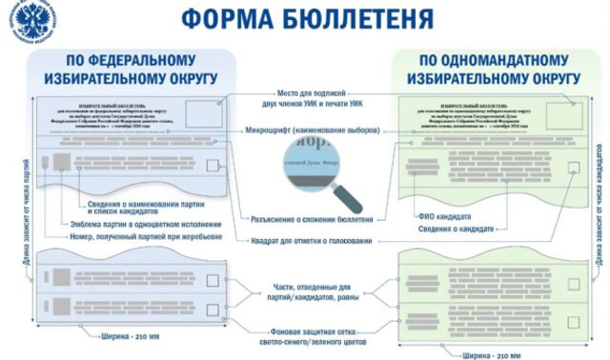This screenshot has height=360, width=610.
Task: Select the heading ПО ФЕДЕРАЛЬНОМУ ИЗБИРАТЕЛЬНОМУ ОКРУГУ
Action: (x=131, y=70)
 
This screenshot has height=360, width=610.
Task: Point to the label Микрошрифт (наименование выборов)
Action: (x=313, y=129)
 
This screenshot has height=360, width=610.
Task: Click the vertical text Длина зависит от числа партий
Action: (x=13, y=210)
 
